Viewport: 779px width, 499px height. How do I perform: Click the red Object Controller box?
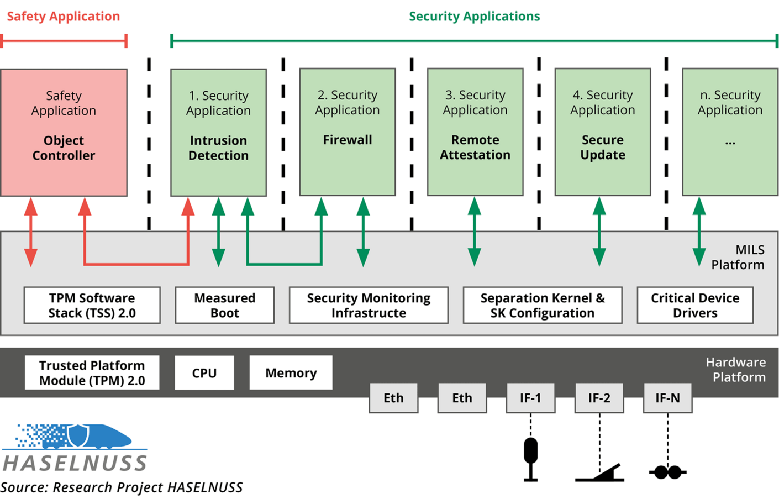[x=64, y=133]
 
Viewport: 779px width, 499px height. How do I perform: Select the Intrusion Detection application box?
[x=218, y=133]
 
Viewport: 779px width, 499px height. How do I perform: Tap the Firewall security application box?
[x=347, y=132]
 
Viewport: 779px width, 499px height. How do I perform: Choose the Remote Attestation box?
[x=475, y=132]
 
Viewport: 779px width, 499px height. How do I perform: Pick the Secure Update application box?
[x=602, y=132]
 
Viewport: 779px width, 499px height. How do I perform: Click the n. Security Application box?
[x=730, y=132]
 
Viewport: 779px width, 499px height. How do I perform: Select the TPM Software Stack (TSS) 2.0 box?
[x=92, y=305]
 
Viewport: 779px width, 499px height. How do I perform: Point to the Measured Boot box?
[x=224, y=305]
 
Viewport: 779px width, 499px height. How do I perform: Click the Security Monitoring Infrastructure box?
[x=369, y=305]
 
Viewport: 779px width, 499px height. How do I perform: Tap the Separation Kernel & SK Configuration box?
[x=542, y=305]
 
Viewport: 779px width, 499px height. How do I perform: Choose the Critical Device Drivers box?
[x=694, y=305]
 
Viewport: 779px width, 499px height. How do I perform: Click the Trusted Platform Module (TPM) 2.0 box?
[x=92, y=373]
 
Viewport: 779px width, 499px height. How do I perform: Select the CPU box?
[x=204, y=373]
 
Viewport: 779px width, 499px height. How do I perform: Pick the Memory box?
[x=291, y=373]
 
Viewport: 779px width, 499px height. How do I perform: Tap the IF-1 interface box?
[x=530, y=398]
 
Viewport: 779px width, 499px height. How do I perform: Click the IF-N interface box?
[x=667, y=398]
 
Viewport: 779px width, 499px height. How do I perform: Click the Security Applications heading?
[x=474, y=17]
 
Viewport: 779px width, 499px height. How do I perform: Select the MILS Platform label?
[x=738, y=258]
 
